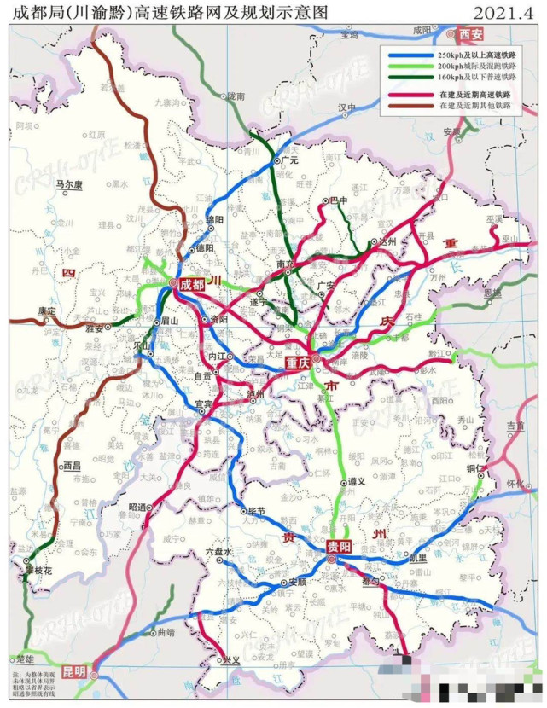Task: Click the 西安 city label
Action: pyautogui.click(x=470, y=35)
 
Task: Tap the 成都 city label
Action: pyautogui.click(x=192, y=281)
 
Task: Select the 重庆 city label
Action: pyautogui.click(x=302, y=363)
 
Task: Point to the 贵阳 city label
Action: pyautogui.click(x=339, y=547)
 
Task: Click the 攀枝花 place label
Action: pyautogui.click(x=39, y=570)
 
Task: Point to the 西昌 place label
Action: pyautogui.click(x=75, y=466)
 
